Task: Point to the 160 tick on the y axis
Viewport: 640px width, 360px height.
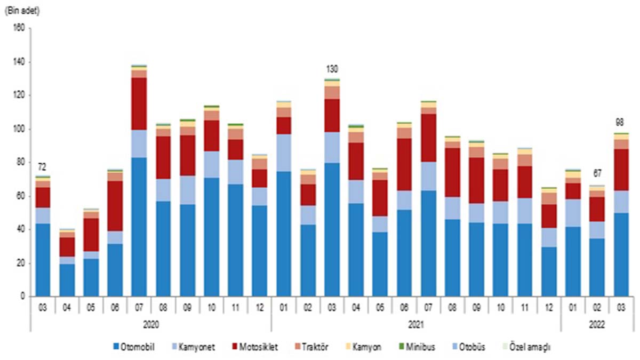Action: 19,29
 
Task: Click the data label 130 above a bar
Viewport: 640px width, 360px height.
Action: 332,69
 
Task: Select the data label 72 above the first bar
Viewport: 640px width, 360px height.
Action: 42,167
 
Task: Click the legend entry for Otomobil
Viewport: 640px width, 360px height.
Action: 135,347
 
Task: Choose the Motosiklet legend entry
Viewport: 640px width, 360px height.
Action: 264,347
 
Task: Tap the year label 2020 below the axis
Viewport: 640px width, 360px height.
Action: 151,323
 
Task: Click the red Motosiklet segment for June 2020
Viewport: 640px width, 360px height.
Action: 115,206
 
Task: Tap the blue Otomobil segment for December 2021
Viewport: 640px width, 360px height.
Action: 549,271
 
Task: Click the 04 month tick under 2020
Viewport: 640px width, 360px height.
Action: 67,307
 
